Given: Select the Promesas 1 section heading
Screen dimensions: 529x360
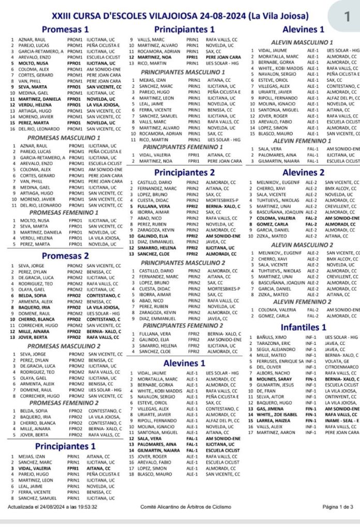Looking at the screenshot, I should pyautogui.click(x=65, y=29).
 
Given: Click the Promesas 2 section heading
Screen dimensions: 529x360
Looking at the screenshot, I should pyautogui.click(x=65, y=255).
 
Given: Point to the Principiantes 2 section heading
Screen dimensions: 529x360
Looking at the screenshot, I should pyautogui.click(x=184, y=172).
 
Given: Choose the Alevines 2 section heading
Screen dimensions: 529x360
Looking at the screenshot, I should pyautogui.click(x=303, y=172).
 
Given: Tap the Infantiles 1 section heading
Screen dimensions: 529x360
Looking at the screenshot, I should pyautogui.click(x=303, y=327).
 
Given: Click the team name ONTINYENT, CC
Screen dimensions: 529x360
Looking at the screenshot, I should pyautogui.click(x=341, y=396).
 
